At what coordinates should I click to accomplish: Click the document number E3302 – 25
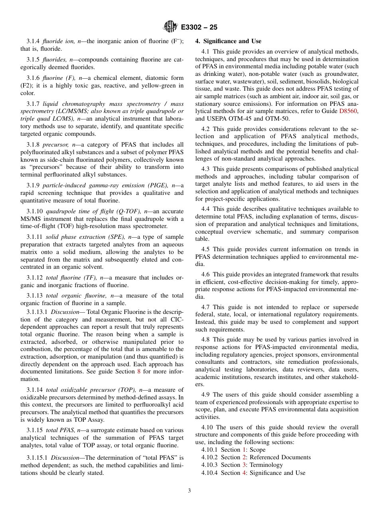pyautogui.click(x=199, y=28)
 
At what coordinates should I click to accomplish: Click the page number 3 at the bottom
pyautogui.click(x=189, y=491)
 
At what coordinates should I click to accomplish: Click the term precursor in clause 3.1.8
pyautogui.click(x=53, y=145)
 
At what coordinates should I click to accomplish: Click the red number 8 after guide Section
pyautogui.click(x=138, y=371)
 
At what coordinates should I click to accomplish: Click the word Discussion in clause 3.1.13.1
pyautogui.click(x=65, y=312)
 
